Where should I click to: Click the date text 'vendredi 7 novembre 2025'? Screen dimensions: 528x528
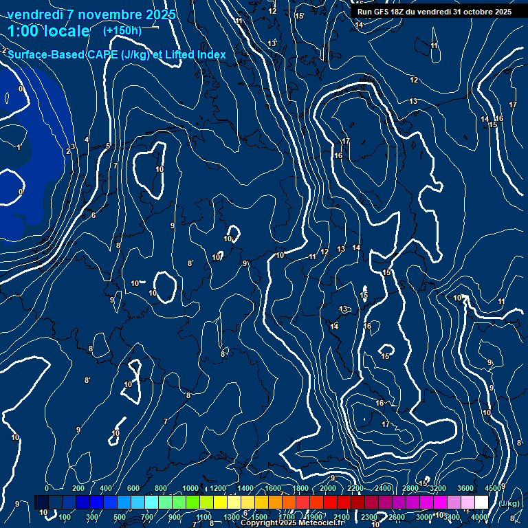tap(91, 14)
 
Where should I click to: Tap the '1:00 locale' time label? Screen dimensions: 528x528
tap(49, 31)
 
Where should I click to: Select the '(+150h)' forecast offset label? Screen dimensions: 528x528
tap(122, 30)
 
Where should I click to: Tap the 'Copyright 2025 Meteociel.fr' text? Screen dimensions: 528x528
tap(292, 522)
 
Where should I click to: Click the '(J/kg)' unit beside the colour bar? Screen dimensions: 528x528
tap(509, 503)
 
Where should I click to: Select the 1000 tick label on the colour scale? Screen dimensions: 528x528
tap(190, 488)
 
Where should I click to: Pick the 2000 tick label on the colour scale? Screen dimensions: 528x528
tap(328, 488)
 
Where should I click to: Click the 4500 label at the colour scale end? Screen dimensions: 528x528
tap(492, 488)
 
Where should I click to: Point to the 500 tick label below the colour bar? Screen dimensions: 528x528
tap(120, 517)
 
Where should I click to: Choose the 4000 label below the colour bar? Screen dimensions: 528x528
tap(479, 517)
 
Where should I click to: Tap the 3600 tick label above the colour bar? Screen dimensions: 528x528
tap(465, 488)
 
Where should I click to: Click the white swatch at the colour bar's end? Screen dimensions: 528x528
tap(481, 503)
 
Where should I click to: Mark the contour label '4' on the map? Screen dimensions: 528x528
tap(87, 140)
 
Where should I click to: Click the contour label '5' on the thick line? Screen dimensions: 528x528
tap(108, 146)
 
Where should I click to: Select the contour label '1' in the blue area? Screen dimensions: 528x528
tap(19, 147)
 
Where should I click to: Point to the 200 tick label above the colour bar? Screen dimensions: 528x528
tap(78, 488)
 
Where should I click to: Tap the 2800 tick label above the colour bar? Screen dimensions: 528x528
tap(410, 488)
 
